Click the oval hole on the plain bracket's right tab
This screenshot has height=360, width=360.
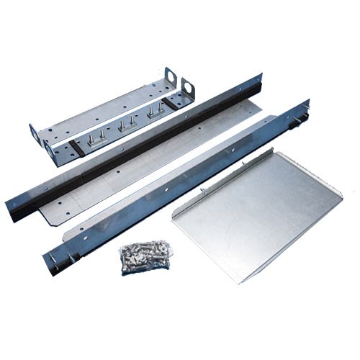click(171, 74)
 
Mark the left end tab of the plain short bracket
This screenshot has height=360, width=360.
click(34, 132)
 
